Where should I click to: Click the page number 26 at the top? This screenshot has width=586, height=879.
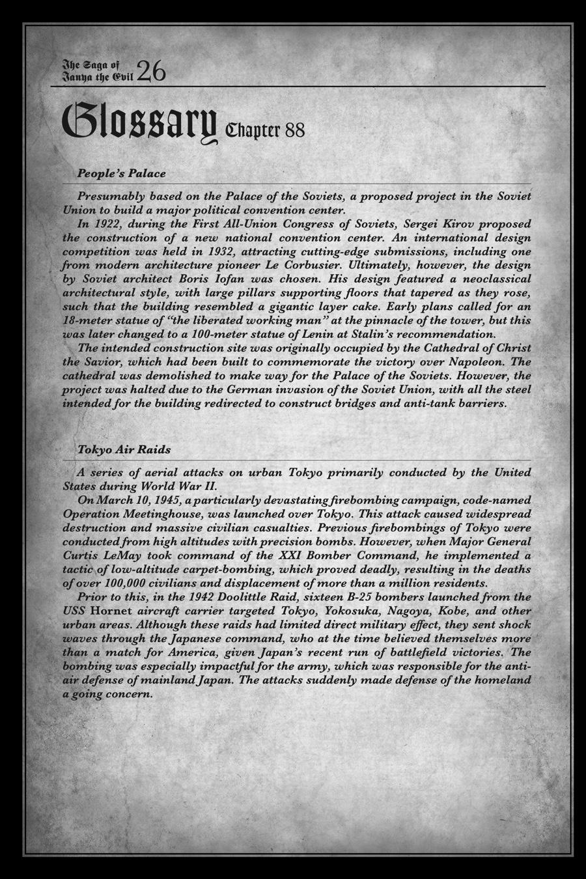tap(151, 70)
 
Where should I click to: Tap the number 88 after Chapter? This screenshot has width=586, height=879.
tap(294, 130)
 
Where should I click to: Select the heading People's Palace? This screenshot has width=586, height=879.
tap(121, 174)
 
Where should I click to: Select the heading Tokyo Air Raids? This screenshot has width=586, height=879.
tap(124, 450)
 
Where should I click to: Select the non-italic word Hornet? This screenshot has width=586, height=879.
tap(112, 611)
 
